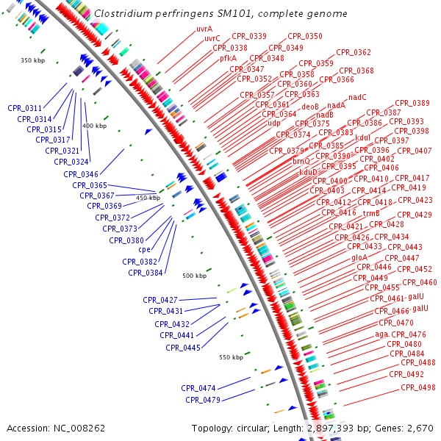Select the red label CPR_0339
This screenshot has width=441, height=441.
(249, 36)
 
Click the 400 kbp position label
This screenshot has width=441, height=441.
(94, 126)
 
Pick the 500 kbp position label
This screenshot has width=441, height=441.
(194, 276)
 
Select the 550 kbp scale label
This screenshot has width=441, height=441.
(231, 357)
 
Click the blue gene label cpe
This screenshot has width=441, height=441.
(144, 250)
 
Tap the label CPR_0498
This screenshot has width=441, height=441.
(418, 387)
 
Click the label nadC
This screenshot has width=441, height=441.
(358, 97)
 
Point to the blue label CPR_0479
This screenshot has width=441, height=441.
(203, 400)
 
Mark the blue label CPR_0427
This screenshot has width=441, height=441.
(160, 300)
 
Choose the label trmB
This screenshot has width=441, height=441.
(371, 212)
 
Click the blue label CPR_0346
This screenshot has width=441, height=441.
(81, 174)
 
